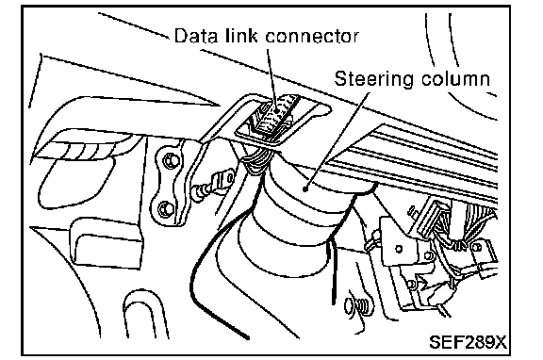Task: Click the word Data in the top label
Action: [x=196, y=36]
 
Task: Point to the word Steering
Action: [x=374, y=79]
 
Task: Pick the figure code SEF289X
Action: [x=468, y=342]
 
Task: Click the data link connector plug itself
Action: [x=272, y=117]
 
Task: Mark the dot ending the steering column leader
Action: [x=305, y=188]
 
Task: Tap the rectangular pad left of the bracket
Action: [x=106, y=243]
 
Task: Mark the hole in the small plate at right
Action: [x=399, y=249]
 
